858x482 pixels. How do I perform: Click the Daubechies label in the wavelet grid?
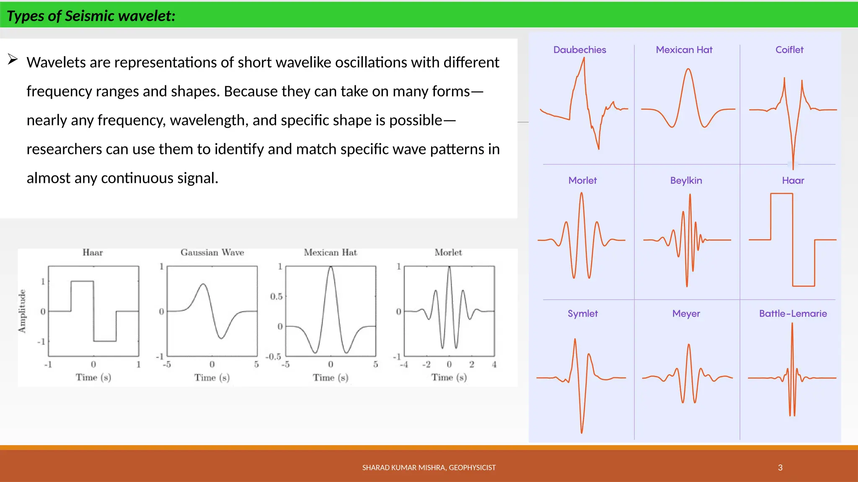coord(579,50)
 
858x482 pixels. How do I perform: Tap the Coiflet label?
coord(789,50)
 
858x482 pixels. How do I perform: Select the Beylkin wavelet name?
coord(686,180)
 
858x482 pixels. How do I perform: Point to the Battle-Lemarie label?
coord(793,313)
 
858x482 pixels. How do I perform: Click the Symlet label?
coord(582,313)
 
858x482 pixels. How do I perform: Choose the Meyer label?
coord(686,313)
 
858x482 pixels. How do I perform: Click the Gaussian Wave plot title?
coord(212,252)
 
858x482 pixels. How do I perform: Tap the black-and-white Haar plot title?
coord(93,252)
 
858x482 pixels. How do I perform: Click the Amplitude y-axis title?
coord(22,311)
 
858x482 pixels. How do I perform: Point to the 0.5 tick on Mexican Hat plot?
coord(276,297)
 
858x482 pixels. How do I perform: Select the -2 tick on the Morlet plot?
coord(426,364)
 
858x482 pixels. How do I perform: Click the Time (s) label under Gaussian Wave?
coord(212,377)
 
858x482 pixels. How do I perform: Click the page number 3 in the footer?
coord(780,467)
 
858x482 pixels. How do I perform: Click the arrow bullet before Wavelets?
coord(13,59)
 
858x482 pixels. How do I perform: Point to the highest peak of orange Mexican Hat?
coord(688,69)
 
